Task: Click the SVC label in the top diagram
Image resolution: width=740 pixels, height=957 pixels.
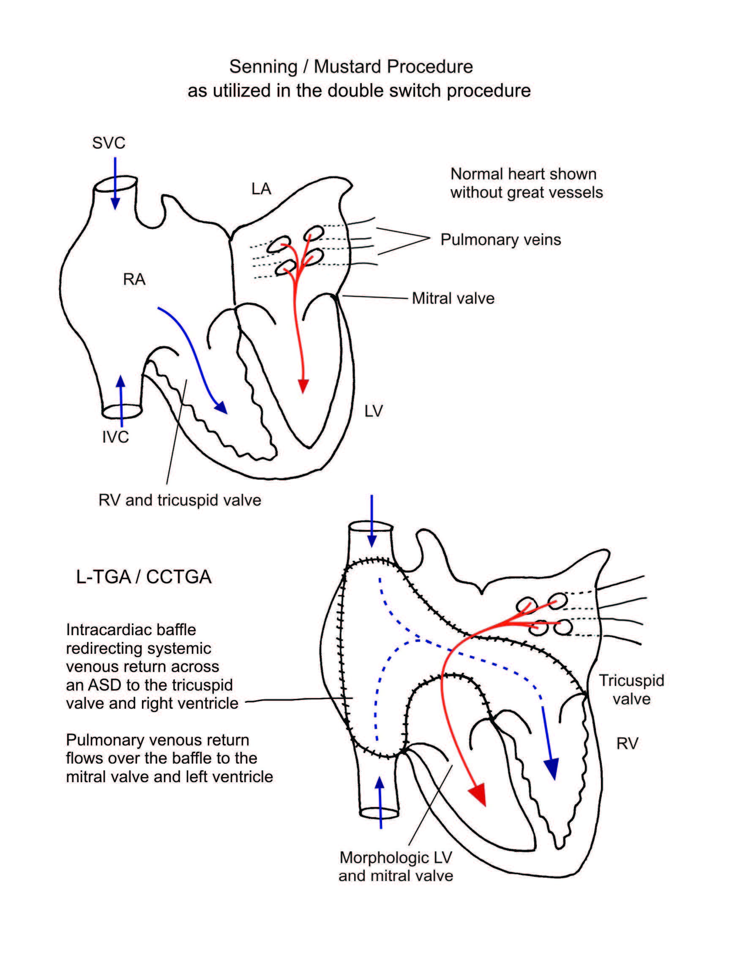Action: (x=109, y=143)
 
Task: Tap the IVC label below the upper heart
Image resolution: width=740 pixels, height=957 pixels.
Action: (x=115, y=437)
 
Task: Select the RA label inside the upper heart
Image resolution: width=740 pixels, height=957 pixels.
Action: (x=134, y=279)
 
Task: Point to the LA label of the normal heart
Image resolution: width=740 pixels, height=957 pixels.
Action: (x=261, y=189)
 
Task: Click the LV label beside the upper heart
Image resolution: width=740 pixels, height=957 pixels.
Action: (x=374, y=411)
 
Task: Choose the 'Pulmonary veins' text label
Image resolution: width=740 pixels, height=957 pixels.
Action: (x=501, y=240)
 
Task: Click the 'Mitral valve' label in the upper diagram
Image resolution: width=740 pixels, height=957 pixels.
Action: (x=453, y=299)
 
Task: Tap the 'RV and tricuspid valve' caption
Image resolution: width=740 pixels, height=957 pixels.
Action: (x=180, y=500)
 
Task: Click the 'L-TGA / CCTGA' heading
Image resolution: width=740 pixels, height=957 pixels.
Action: (x=144, y=576)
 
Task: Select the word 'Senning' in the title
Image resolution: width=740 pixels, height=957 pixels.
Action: (x=263, y=67)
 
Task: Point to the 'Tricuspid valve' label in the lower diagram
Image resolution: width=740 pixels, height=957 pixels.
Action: (x=631, y=689)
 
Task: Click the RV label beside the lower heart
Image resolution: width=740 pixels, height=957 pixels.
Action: (x=627, y=743)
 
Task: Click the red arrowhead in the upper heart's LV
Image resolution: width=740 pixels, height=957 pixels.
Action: (x=303, y=386)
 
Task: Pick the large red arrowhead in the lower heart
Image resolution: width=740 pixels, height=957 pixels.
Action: (x=479, y=794)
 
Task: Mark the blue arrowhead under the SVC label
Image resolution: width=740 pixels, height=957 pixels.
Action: (x=115, y=203)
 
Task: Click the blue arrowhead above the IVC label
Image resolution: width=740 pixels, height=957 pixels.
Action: (x=120, y=381)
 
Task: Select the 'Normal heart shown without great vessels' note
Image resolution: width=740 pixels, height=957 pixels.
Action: (x=526, y=183)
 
